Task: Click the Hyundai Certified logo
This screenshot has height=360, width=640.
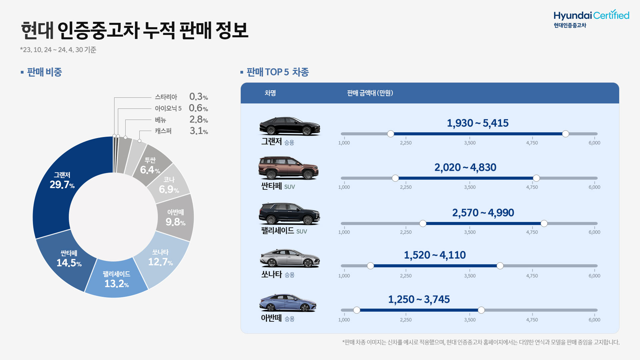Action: [x=591, y=19]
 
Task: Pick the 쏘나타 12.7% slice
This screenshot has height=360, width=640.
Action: [x=160, y=258]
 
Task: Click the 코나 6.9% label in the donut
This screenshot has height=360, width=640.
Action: [x=169, y=185]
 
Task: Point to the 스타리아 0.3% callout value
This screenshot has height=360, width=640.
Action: [x=198, y=97]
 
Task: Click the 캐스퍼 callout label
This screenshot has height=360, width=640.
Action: [x=163, y=131]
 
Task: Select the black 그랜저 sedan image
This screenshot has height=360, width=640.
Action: [x=289, y=126]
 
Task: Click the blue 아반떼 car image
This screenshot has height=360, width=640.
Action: [x=288, y=303]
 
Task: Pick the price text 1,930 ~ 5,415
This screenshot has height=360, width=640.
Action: [x=477, y=123]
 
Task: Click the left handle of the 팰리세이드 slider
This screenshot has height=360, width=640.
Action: [x=423, y=223]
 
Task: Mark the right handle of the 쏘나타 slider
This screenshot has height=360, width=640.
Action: [x=500, y=266]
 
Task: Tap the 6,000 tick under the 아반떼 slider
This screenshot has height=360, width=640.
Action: [x=594, y=320]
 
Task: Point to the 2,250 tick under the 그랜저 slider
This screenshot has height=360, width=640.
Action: [x=406, y=143]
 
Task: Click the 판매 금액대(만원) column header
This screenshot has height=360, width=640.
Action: [x=370, y=93]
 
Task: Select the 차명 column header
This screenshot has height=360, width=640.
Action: [x=270, y=93]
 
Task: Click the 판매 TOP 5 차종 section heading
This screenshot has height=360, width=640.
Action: [x=277, y=72]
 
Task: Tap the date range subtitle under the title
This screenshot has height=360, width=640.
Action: [x=58, y=50]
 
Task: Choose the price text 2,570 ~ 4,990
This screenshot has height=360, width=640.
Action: [x=483, y=213]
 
